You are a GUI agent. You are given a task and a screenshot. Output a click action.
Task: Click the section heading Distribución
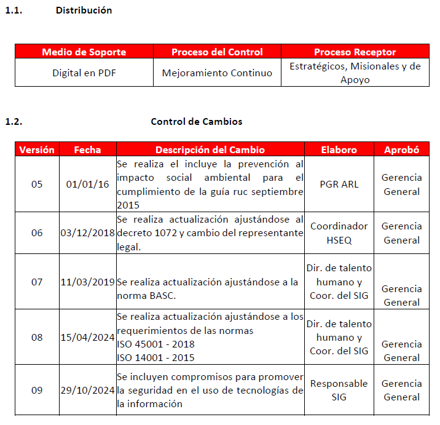pos(84,10)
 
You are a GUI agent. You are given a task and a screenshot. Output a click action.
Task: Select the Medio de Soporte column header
pos(84,52)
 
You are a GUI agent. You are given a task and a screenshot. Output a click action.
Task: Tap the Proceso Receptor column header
pos(355,52)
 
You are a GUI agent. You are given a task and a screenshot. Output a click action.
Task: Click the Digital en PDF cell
pos(84,73)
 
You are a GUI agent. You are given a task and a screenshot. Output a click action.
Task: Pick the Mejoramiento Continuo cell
pos(217,73)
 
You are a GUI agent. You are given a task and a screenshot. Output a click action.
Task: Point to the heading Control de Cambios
pos(196,121)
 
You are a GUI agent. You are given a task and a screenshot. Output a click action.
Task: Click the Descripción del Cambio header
pos(210,149)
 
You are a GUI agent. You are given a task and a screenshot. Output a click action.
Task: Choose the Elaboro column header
pos(339,149)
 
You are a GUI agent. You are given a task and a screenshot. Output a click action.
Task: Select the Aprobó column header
pos(401,149)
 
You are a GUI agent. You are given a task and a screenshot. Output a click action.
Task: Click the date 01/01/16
pos(88,184)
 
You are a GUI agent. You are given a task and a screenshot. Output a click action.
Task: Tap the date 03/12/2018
pos(88,232)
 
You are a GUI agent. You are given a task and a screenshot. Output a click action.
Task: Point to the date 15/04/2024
pos(88,337)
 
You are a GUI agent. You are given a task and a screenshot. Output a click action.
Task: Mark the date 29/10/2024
pos(88,390)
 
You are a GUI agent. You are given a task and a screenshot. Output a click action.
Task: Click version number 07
pos(37,282)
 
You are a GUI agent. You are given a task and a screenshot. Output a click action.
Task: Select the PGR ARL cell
pos(339,184)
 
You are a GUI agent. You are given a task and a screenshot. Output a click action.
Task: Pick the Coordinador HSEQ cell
pos(339,232)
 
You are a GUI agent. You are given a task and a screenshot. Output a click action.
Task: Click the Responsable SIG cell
pos(339,390)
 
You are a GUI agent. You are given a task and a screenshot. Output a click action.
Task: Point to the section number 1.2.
pos(14,121)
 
